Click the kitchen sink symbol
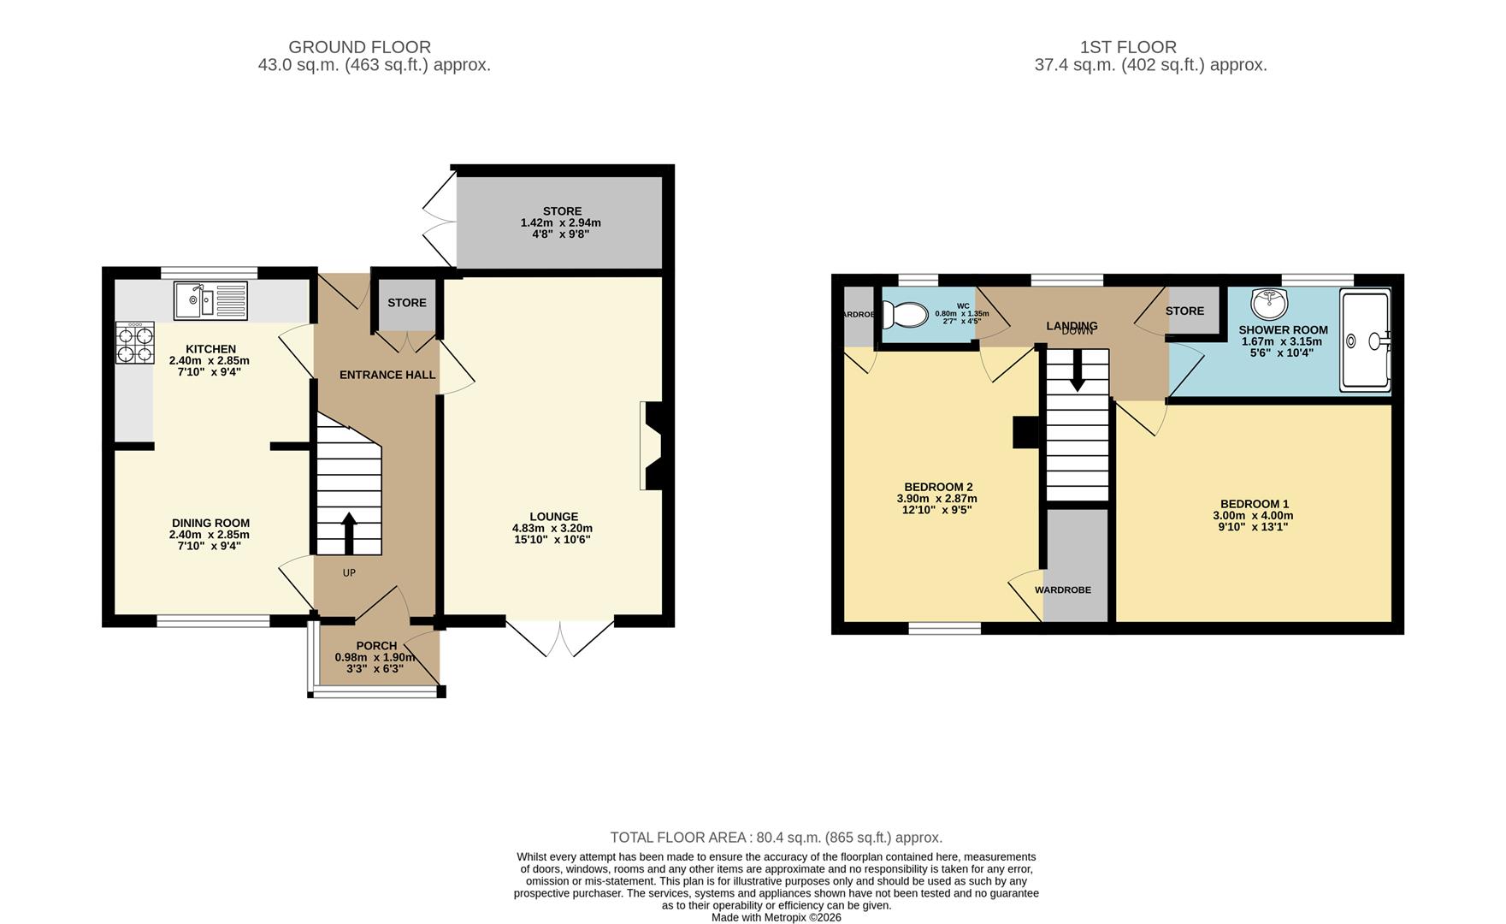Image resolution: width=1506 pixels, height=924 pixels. pyautogui.click(x=210, y=300)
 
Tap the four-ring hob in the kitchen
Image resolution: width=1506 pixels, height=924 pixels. pyautogui.click(x=135, y=344)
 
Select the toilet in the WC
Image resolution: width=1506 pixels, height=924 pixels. pyautogui.click(x=906, y=316)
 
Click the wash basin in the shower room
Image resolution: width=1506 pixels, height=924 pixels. pyautogui.click(x=1269, y=302)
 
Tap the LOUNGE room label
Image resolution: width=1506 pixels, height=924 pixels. pyautogui.click(x=553, y=517)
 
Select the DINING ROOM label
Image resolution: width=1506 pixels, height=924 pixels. pyautogui.click(x=210, y=523)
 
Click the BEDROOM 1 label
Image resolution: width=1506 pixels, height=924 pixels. pyautogui.click(x=1254, y=504)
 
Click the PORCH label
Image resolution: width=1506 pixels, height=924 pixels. pyautogui.click(x=376, y=646)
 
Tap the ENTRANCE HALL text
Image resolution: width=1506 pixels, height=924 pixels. pyautogui.click(x=387, y=375)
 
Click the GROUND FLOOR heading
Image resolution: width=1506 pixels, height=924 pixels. pyautogui.click(x=359, y=47)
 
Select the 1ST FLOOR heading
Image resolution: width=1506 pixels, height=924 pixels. pyautogui.click(x=1128, y=47)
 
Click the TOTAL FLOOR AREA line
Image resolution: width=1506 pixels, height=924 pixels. pyautogui.click(x=776, y=838)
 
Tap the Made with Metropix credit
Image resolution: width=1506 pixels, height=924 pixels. pyautogui.click(x=776, y=917)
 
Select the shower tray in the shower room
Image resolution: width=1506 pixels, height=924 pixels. pyautogui.click(x=1365, y=340)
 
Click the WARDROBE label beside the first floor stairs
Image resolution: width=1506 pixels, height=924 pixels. pyautogui.click(x=1062, y=590)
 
